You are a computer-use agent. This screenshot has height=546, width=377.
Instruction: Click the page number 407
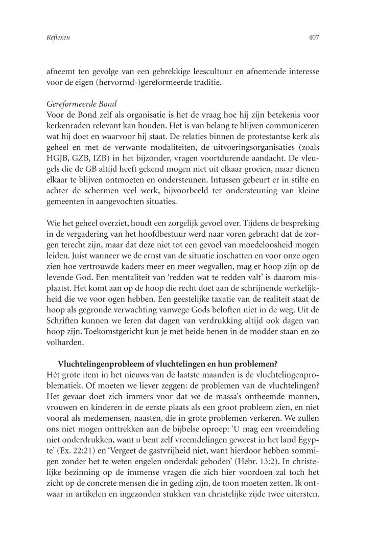(x=314, y=37)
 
